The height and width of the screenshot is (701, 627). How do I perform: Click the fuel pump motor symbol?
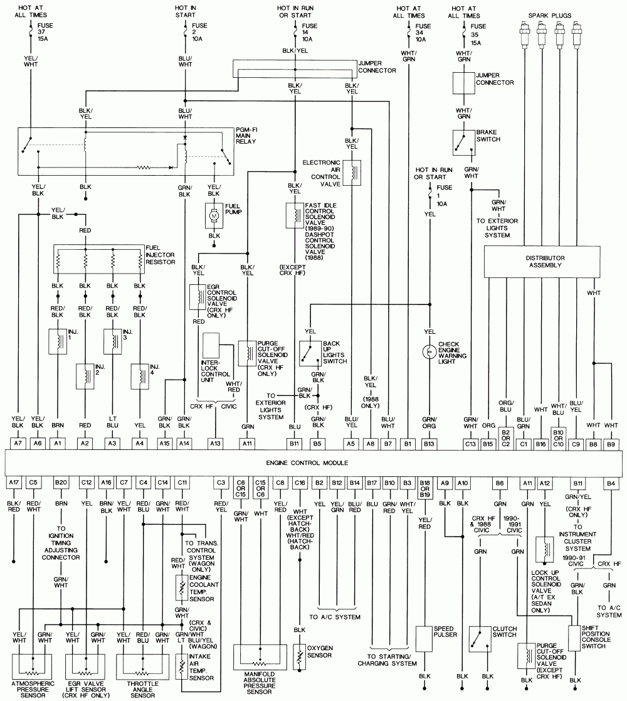(213, 215)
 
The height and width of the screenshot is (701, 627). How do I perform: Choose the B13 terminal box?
(429, 443)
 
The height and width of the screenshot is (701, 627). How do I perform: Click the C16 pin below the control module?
(300, 482)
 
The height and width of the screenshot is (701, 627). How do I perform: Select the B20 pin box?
(61, 482)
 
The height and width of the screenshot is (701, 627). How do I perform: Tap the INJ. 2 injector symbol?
(85, 376)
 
